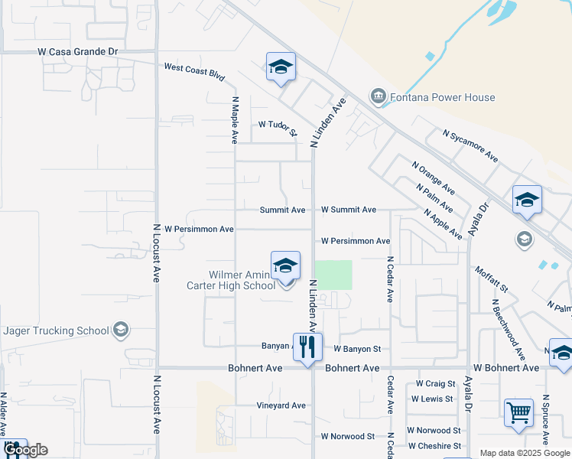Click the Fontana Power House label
(442, 97)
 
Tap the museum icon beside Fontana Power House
(377, 96)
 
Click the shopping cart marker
(518, 414)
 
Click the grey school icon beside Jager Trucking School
(120, 330)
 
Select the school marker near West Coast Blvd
(281, 67)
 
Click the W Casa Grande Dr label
(79, 51)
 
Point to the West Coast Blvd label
(194, 72)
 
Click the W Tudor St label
(278, 126)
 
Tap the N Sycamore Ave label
(470, 145)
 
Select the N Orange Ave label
(434, 177)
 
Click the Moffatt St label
(491, 278)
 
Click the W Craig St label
(435, 383)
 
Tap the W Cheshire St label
(434, 446)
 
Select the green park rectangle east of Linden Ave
(333, 275)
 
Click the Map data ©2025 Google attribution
(524, 453)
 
